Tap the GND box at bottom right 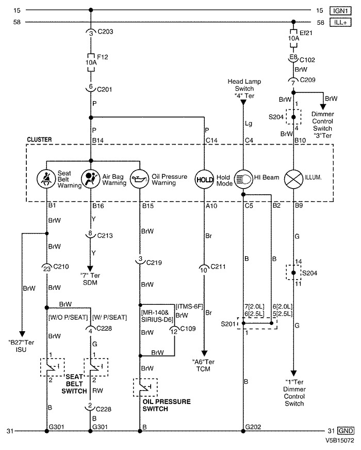pos(346,430)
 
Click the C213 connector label pos(105,234)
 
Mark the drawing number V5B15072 pos(339,442)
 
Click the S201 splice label pos(227,324)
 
